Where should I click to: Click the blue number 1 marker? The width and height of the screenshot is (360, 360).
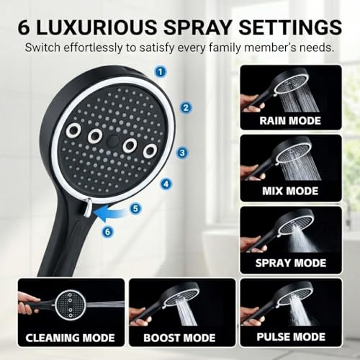(161, 71)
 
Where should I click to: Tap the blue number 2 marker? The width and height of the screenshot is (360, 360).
(186, 107)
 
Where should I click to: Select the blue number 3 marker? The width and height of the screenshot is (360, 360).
(182, 153)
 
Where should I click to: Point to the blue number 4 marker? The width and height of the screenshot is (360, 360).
(166, 184)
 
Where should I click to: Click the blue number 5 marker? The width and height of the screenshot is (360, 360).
(135, 208)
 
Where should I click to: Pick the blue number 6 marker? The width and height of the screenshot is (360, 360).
(107, 232)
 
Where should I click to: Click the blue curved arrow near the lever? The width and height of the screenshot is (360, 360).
(112, 215)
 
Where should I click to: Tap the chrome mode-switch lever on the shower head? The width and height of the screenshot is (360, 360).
(87, 208)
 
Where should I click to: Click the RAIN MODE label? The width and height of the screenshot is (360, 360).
(290, 120)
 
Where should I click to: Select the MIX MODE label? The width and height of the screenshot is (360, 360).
(290, 191)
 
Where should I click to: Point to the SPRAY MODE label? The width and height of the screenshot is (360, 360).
(291, 263)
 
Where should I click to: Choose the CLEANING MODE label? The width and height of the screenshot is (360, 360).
(70, 338)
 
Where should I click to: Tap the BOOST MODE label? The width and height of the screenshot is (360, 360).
(179, 338)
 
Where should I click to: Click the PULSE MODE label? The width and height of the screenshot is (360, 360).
(291, 337)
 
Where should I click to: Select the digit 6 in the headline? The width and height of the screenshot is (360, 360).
(24, 27)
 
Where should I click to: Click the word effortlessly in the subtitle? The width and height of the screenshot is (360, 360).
(93, 48)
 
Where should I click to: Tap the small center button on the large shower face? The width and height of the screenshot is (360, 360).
(113, 140)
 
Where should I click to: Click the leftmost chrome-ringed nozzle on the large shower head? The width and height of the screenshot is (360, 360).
(73, 130)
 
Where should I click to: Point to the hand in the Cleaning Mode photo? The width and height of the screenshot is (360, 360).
(28, 305)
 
